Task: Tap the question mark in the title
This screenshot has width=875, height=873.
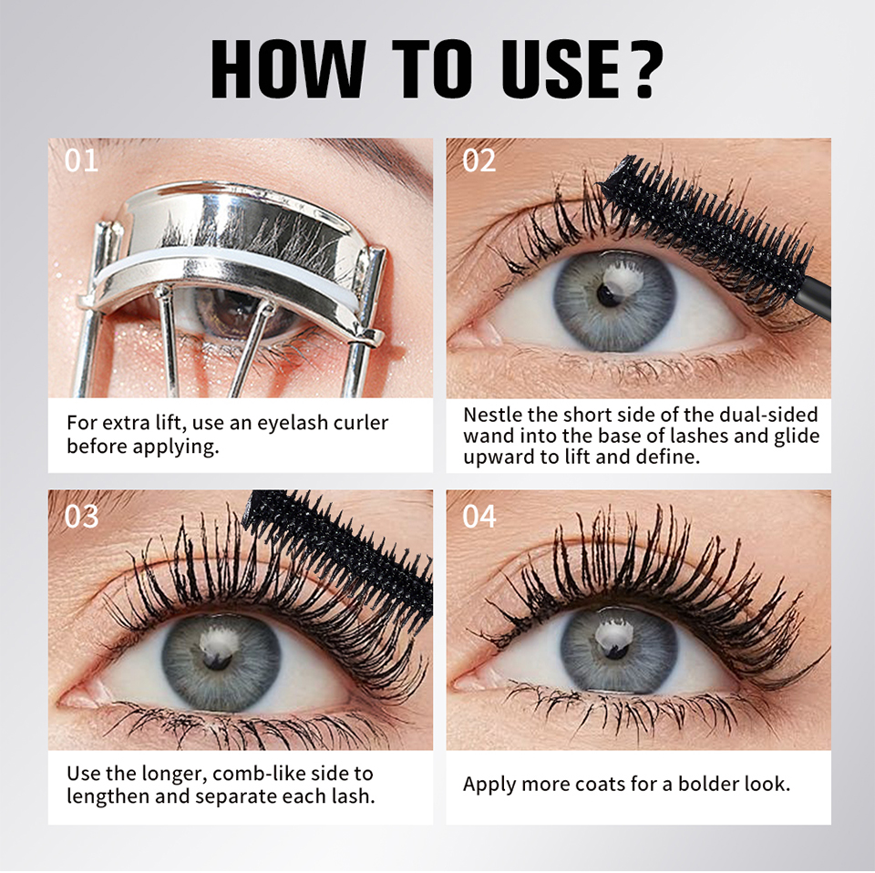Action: coord(644,69)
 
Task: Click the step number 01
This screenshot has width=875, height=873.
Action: coord(81,160)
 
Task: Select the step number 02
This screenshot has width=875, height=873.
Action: coord(479,160)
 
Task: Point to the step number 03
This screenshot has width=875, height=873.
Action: coord(81,517)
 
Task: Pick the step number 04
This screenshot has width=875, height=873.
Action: coord(479,517)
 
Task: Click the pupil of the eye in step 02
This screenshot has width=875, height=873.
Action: coord(607,294)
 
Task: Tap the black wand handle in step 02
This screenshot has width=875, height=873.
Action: coord(815,298)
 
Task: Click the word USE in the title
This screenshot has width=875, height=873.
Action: coord(561,69)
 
